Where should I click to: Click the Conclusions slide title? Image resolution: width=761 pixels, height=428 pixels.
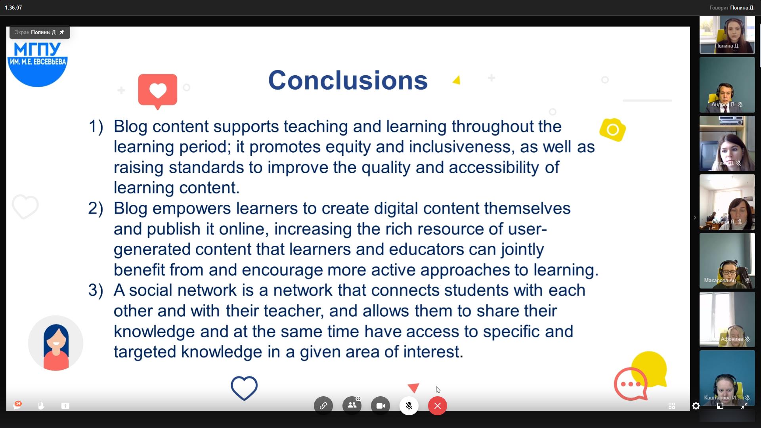pyautogui.click(x=348, y=80)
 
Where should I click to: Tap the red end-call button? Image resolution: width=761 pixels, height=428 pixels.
pyautogui.click(x=438, y=406)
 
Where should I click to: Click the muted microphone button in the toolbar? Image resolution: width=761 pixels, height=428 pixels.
pyautogui.click(x=409, y=406)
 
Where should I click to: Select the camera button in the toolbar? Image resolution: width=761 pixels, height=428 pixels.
pyautogui.click(x=380, y=406)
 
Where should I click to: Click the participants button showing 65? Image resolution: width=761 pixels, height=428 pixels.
pyautogui.click(x=352, y=406)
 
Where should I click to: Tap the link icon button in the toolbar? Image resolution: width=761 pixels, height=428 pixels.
pyautogui.click(x=323, y=406)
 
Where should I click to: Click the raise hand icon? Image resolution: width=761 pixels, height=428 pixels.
pyautogui.click(x=41, y=406)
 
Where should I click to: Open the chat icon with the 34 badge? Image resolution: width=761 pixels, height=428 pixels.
pyautogui.click(x=17, y=405)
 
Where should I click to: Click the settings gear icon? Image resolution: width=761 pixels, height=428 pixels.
pyautogui.click(x=696, y=406)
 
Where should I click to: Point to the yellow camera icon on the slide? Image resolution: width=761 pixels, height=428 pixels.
pyautogui.click(x=613, y=130)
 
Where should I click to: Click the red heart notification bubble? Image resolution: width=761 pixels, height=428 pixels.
pyautogui.click(x=158, y=91)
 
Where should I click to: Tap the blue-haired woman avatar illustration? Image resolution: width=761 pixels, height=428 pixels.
pyautogui.click(x=56, y=343)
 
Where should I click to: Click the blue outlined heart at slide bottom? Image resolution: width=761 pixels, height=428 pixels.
pyautogui.click(x=244, y=388)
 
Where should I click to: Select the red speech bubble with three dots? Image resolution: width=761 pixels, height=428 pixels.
pyautogui.click(x=631, y=384)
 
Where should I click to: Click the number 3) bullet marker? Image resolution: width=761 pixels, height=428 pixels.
pyautogui.click(x=96, y=290)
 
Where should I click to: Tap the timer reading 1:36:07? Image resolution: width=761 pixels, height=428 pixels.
pyautogui.click(x=13, y=8)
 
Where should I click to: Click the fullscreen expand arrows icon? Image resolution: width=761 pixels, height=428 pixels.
pyautogui.click(x=744, y=406)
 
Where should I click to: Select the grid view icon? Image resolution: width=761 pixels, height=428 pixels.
pyautogui.click(x=672, y=406)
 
